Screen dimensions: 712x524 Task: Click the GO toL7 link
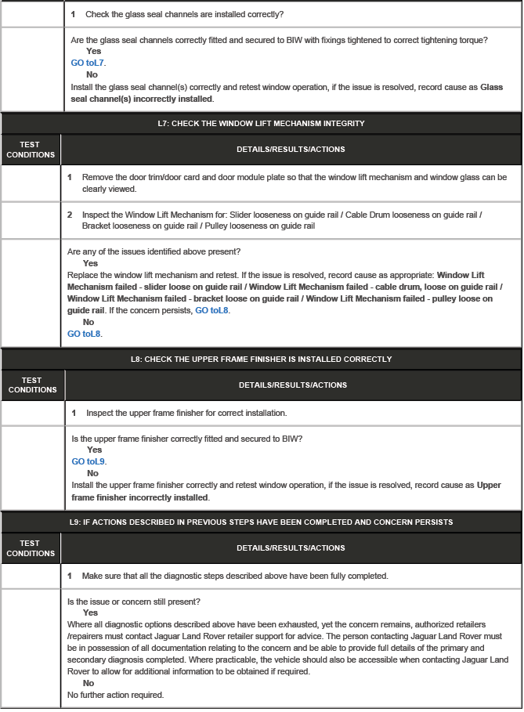[x=88, y=62]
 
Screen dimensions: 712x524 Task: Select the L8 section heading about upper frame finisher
[x=261, y=359]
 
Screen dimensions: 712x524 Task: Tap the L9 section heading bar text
[x=261, y=522]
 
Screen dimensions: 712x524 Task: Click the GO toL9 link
[x=89, y=461]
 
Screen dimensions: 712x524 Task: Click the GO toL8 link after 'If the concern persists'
[x=211, y=310]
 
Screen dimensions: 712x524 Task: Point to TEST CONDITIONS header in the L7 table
[x=31, y=150]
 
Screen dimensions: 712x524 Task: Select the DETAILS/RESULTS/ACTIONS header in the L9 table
[x=291, y=548]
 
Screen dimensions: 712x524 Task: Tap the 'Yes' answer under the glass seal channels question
[x=94, y=51]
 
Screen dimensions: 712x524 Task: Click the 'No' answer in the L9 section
[x=89, y=683]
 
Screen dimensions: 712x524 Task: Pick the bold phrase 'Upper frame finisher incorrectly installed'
[x=287, y=491]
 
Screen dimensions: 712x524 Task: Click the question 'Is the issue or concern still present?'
[x=133, y=602]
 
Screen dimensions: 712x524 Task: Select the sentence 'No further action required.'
[x=116, y=695]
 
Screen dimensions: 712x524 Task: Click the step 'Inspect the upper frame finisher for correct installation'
[x=186, y=412]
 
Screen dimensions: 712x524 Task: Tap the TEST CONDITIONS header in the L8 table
[x=33, y=385]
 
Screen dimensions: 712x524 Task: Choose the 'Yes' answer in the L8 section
[x=94, y=450]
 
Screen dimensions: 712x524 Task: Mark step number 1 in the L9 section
[x=70, y=576]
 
